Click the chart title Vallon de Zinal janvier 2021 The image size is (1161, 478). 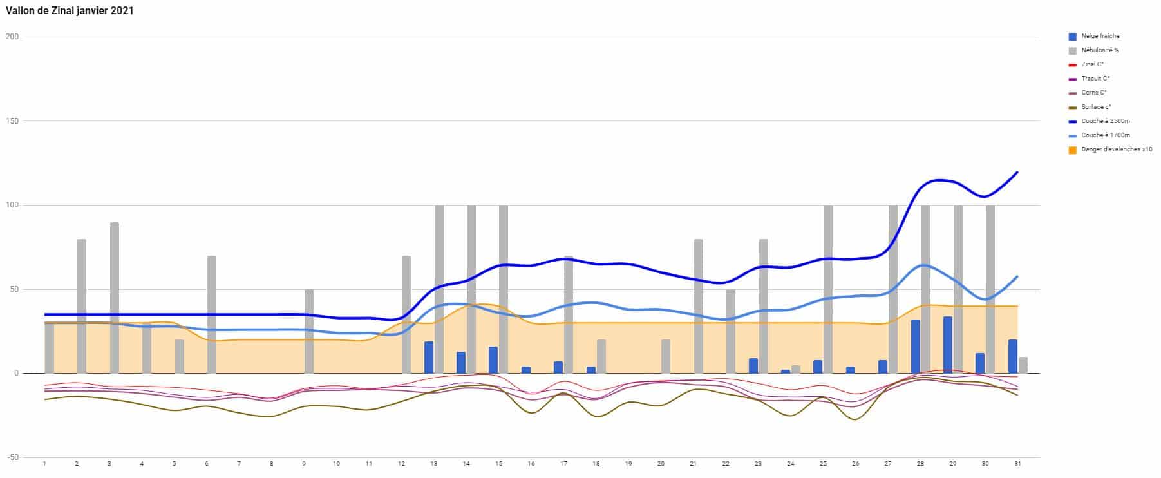(x=70, y=11)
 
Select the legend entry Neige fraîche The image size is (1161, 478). (x=1100, y=36)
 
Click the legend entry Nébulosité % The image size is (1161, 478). (x=1100, y=50)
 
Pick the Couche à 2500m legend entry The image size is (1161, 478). (x=1106, y=121)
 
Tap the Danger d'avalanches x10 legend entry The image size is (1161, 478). (x=1117, y=149)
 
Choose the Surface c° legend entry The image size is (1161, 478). (x=1096, y=107)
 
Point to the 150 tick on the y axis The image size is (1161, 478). (x=12, y=121)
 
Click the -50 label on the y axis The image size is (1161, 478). (x=12, y=457)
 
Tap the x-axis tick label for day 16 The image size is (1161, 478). (x=531, y=464)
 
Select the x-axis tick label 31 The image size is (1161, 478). (x=1017, y=464)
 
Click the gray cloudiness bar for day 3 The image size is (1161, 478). (x=115, y=298)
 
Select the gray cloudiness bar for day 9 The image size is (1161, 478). (x=309, y=331)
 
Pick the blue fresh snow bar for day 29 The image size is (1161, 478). (x=948, y=345)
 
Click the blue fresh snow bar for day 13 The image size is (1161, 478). (x=429, y=357)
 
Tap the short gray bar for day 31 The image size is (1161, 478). (x=1023, y=365)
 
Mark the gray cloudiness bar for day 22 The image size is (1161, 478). (x=731, y=331)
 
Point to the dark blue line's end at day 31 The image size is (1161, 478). (x=1017, y=172)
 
